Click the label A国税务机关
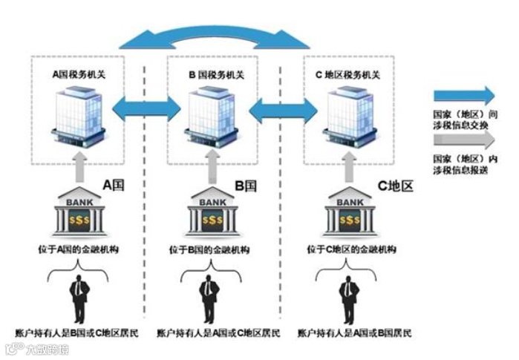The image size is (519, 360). pos(80,75)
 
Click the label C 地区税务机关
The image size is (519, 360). pos(353,75)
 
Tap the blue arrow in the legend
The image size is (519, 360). pos(464,95)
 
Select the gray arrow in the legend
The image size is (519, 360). pos(464,140)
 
